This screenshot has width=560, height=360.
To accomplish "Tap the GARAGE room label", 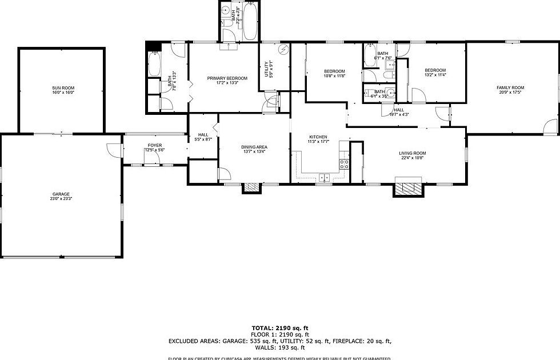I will [61, 194].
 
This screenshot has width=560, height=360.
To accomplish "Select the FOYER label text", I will [155, 146].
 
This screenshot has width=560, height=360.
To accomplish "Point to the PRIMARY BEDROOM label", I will [227, 78].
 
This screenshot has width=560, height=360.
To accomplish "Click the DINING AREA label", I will [254, 147].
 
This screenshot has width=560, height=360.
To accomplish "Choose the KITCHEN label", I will [318, 137].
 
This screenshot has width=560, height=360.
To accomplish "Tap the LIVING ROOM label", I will [412, 153].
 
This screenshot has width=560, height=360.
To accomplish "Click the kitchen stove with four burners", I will [345, 166].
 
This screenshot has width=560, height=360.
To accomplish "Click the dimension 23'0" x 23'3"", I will [61, 198].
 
